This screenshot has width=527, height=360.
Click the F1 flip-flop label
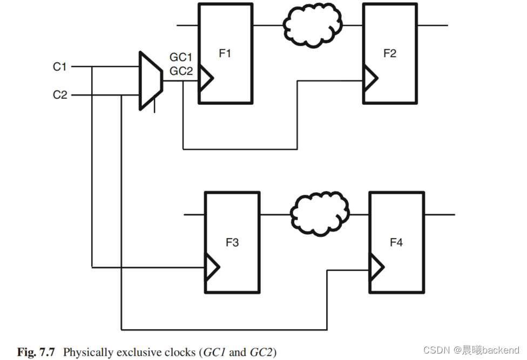pyautogui.click(x=225, y=53)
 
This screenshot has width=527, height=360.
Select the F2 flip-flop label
pyautogui.click(x=389, y=53)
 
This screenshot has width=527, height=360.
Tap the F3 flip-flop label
pyautogui.click(x=232, y=242)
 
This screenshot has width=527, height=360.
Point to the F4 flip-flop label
pyautogui.click(x=396, y=242)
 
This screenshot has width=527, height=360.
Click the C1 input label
pyautogui.click(x=59, y=67)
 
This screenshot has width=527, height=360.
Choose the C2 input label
pyautogui.click(x=59, y=95)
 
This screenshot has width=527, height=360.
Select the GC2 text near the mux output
pyautogui.click(x=181, y=71)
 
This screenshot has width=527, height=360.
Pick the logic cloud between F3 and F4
pyautogui.click(x=319, y=214)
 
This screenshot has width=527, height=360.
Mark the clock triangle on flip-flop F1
pyautogui.click(x=206, y=79)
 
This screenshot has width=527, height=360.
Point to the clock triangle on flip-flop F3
pyautogui.click(x=213, y=267)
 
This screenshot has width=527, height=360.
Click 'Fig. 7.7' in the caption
pyautogui.click(x=36, y=352)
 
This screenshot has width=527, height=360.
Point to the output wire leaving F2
pyautogui.click(x=432, y=25)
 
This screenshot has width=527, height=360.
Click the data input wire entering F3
pyautogui.click(x=194, y=215)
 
